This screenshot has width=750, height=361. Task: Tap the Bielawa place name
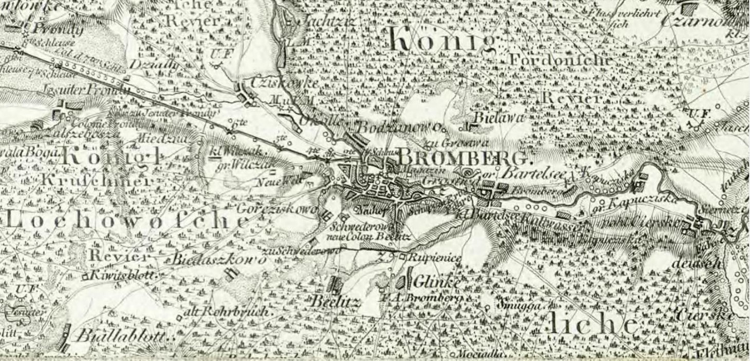click(x=498, y=118)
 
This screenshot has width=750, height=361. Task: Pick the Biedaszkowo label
click(x=218, y=259)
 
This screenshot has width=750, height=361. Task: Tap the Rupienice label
click(x=434, y=258)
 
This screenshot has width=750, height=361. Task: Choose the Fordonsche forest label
click(x=560, y=60)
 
